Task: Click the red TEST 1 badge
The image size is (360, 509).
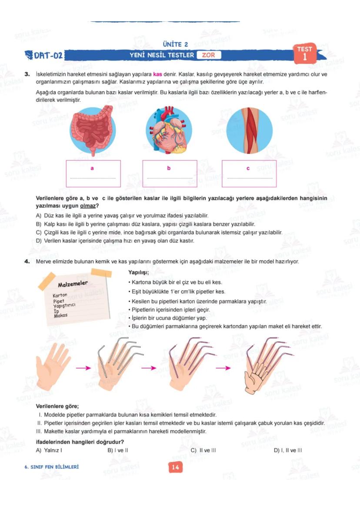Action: pyautogui.click(x=305, y=53)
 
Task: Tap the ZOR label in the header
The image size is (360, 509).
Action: pyautogui.click(x=209, y=55)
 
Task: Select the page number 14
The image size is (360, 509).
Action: pyautogui.click(x=175, y=468)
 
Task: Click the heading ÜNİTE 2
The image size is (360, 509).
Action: pyautogui.click(x=175, y=44)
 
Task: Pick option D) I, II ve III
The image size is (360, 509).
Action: pyautogui.click(x=288, y=450)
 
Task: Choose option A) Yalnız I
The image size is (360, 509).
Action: pyautogui.click(x=49, y=450)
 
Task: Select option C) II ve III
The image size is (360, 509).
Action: pyautogui.click(x=203, y=450)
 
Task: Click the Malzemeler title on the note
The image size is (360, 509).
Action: pyautogui.click(x=73, y=284)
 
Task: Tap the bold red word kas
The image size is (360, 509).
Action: pyautogui.click(x=157, y=74)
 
